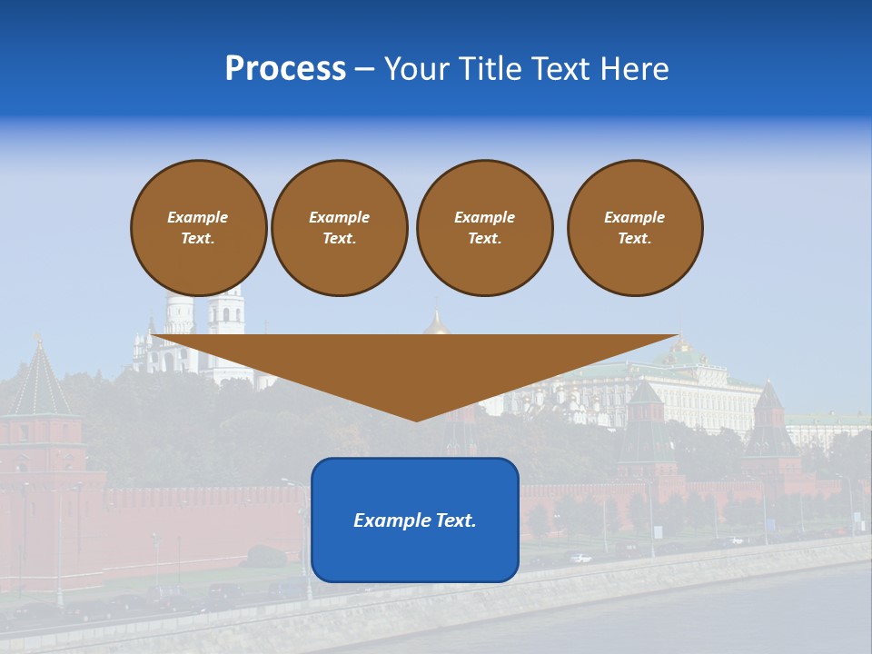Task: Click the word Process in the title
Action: pyautogui.click(x=285, y=69)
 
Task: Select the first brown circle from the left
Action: pyautogui.click(x=198, y=228)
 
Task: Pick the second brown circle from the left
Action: pyautogui.click(x=340, y=228)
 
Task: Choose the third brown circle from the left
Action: pyautogui.click(x=484, y=228)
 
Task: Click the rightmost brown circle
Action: pyautogui.click(x=635, y=228)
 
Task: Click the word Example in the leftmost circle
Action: pyautogui.click(x=198, y=217)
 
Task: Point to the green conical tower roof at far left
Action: pyautogui.click(x=38, y=381)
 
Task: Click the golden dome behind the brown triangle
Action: pyautogui.click(x=437, y=323)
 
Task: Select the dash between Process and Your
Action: pyautogui.click(x=364, y=69)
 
